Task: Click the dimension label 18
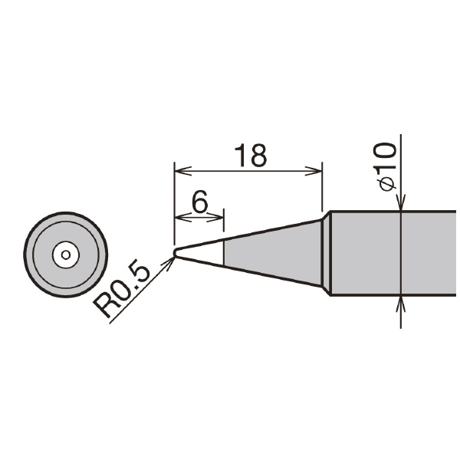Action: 251,155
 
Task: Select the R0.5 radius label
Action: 121,288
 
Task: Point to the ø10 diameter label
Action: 384,166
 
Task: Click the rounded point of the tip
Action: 176,252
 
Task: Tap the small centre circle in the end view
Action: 66,255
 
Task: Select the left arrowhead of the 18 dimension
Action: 182,171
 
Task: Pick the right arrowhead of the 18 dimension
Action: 314,171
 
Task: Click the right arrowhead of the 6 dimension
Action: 215,218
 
